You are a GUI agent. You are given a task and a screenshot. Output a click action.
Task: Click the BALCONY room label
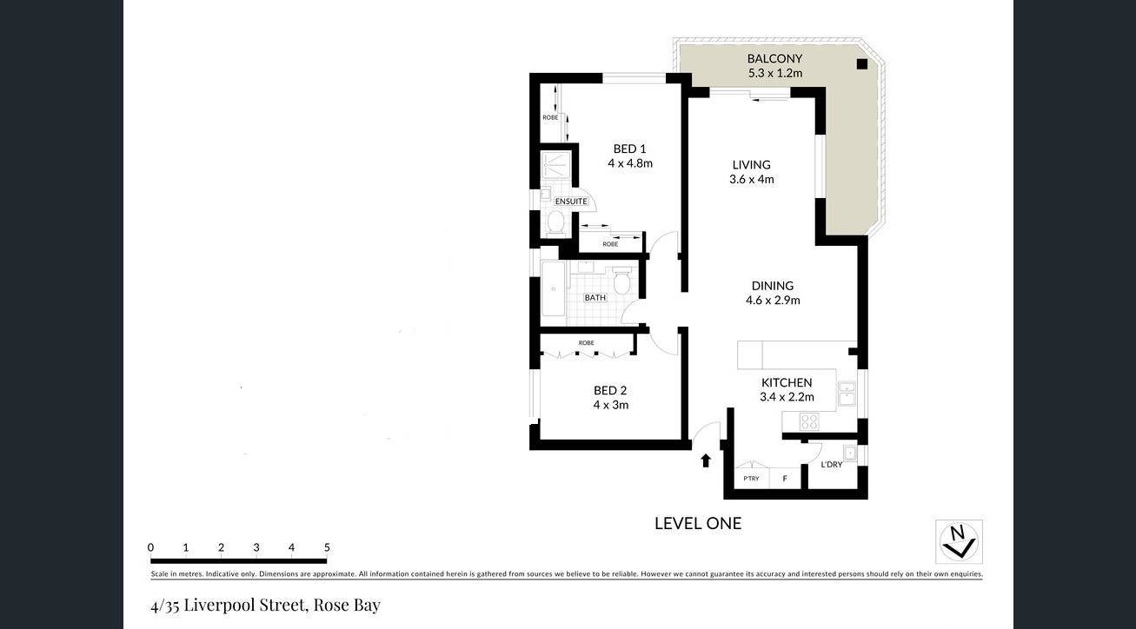[775, 59]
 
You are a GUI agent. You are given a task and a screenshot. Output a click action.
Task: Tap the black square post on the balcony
[862, 64]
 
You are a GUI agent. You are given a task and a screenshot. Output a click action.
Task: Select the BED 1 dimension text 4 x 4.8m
[630, 163]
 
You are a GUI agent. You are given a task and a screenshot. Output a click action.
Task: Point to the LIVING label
[752, 165]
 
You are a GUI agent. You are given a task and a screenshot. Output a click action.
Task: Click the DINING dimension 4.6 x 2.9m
[773, 300]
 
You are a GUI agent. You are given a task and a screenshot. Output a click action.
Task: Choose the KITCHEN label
[787, 382]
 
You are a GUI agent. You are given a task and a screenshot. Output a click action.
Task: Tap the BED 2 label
[610, 390]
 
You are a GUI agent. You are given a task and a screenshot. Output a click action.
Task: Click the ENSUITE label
[571, 202]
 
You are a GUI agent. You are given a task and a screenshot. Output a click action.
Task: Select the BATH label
[595, 297]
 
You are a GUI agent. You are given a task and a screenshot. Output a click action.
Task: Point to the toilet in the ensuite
[556, 222]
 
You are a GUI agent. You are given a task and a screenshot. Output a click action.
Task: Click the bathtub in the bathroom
[553, 289]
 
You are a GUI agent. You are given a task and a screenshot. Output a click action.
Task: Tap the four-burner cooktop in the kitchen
[809, 421]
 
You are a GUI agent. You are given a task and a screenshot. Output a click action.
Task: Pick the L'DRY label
[832, 464]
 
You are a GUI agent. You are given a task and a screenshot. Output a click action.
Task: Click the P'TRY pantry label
[751, 479]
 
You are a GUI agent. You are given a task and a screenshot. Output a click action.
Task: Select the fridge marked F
[785, 478]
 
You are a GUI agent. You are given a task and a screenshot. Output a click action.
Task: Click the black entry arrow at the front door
[706, 460]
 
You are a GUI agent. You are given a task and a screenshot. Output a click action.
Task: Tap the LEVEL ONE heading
[698, 524]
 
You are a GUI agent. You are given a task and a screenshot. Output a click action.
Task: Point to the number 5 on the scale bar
[327, 547]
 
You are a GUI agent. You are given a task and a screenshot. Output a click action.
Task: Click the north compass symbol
[959, 542]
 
